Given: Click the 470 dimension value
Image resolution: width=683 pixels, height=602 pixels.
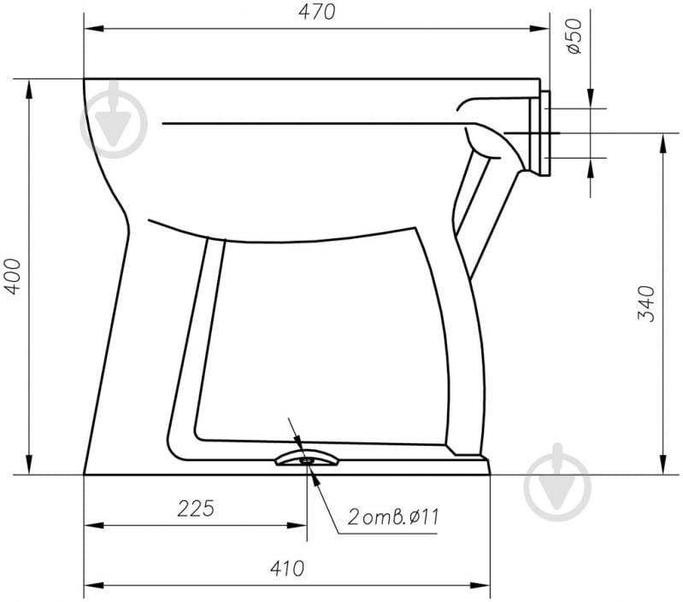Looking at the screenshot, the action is click(x=316, y=12).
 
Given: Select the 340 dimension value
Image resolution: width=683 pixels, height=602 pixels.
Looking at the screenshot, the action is click(x=646, y=304).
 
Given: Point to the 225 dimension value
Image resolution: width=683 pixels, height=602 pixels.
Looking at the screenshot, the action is click(x=196, y=508).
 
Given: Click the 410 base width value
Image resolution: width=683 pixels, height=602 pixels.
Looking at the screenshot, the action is click(x=286, y=569).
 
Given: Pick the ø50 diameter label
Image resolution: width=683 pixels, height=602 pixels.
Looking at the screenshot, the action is click(x=574, y=36).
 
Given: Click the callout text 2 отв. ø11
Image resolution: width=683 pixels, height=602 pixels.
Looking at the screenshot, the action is click(x=393, y=517).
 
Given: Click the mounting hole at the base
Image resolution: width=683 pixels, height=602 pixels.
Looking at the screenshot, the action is click(x=307, y=459).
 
